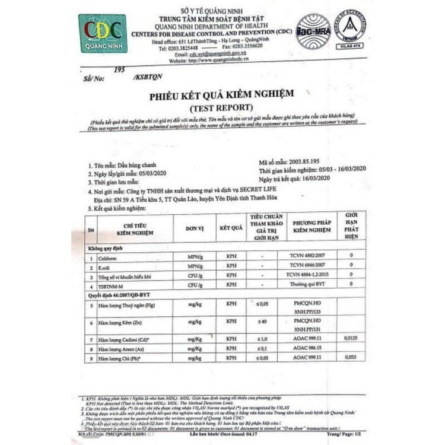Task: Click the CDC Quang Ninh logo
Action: pyautogui.click(x=103, y=33)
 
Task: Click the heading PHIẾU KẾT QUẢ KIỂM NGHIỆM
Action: pyautogui.click(x=221, y=94)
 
